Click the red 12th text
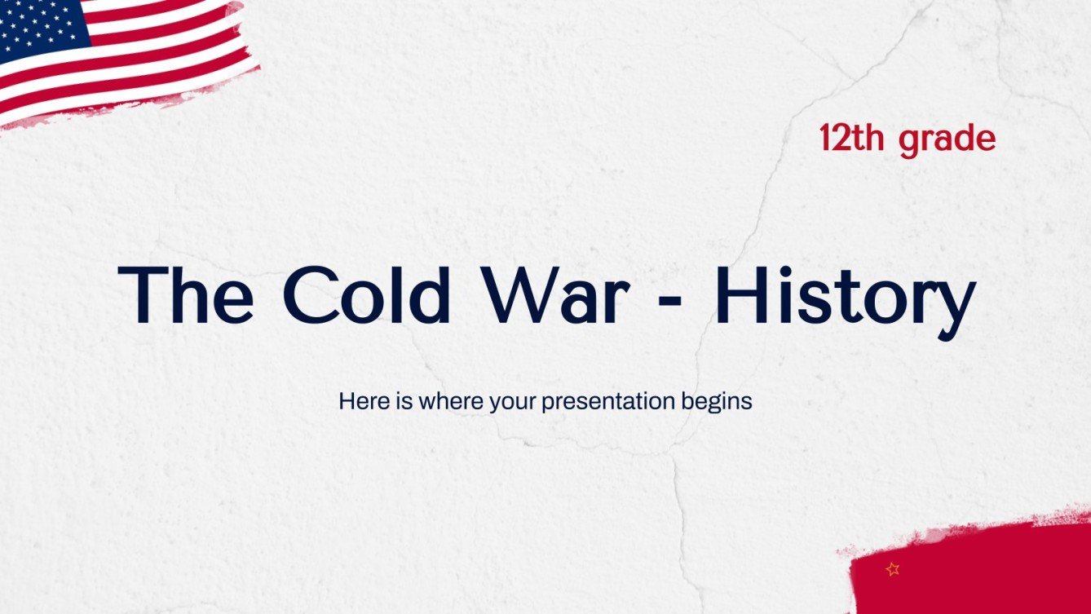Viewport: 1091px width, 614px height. [853, 139]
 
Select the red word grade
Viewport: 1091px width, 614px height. [947, 140]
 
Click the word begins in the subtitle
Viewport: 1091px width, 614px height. [716, 403]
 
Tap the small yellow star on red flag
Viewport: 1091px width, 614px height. [892, 569]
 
